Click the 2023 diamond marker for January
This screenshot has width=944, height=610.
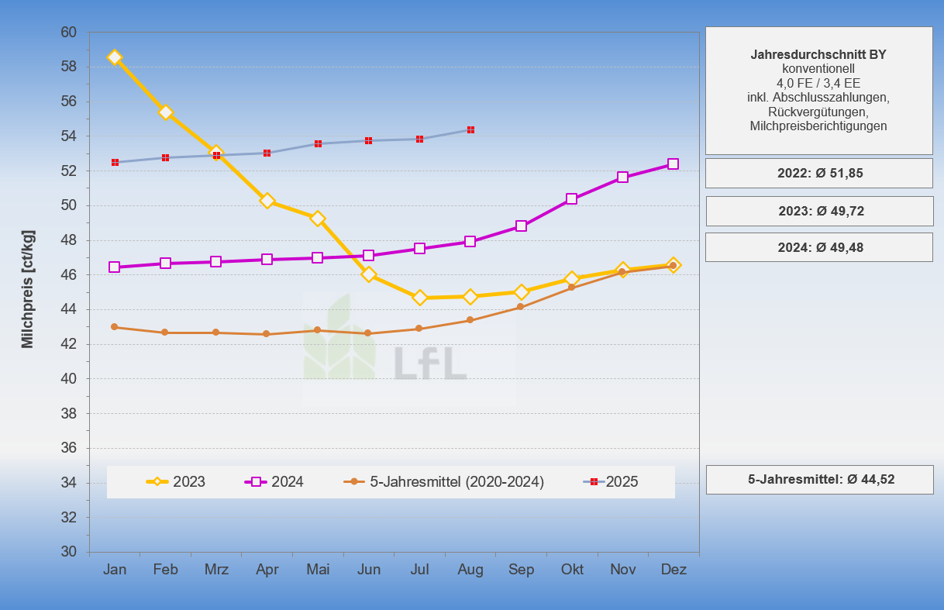click(x=115, y=57)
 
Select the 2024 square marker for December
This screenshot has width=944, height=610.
click(x=673, y=164)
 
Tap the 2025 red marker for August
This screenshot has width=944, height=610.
click(x=470, y=129)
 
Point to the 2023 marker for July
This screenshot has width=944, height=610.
click(x=420, y=298)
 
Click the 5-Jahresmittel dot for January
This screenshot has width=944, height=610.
click(x=115, y=327)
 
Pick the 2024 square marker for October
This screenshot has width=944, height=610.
click(x=572, y=199)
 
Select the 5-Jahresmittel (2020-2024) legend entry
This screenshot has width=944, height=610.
click(x=444, y=482)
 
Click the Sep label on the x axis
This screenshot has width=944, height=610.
click(x=522, y=570)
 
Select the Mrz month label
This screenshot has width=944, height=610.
click(x=216, y=570)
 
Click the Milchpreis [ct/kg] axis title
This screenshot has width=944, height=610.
click(x=28, y=288)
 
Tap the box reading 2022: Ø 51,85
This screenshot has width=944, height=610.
click(x=819, y=174)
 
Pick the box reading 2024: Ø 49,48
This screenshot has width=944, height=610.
click(x=819, y=248)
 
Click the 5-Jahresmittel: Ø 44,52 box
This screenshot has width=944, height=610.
click(x=819, y=480)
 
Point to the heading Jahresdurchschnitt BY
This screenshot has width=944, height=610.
click(x=818, y=55)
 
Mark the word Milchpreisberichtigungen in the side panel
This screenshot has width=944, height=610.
click(x=818, y=126)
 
